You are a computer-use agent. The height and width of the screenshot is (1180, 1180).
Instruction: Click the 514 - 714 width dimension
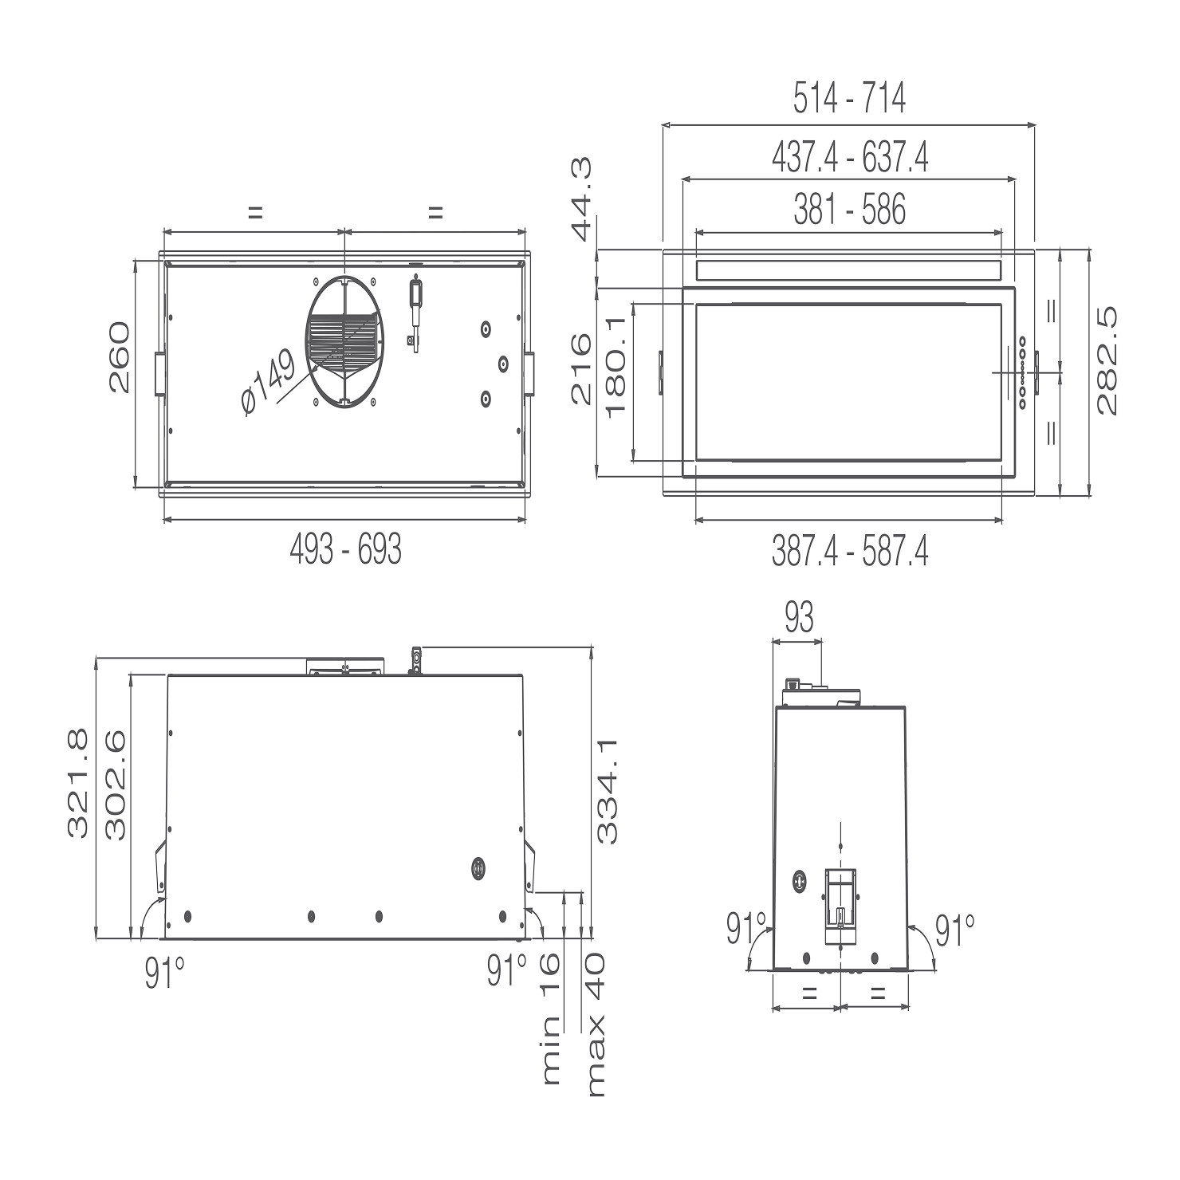tap(849, 99)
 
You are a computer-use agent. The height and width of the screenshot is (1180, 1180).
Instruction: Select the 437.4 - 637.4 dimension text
tap(850, 157)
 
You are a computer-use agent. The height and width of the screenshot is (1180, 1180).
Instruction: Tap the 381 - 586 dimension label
tap(850, 210)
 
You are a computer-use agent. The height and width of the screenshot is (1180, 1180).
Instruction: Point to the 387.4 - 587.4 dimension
tap(850, 551)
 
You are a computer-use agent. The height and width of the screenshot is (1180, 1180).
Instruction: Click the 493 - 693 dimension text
tap(345, 549)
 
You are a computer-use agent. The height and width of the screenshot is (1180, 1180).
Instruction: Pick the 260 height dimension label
tap(120, 357)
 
